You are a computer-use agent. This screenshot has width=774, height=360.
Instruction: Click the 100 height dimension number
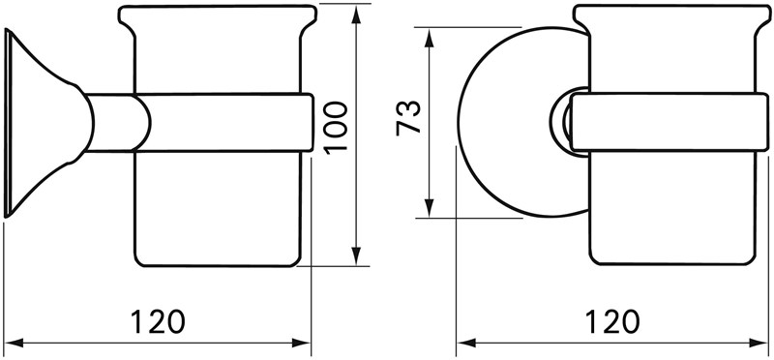pos(338,128)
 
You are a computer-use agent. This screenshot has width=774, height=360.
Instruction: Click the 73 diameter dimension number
pos(408,117)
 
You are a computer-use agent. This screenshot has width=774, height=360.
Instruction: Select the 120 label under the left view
pos(158,321)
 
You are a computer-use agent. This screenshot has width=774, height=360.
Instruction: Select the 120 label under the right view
pos(612,321)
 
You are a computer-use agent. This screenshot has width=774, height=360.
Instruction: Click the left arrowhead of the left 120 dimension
pos(14,343)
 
